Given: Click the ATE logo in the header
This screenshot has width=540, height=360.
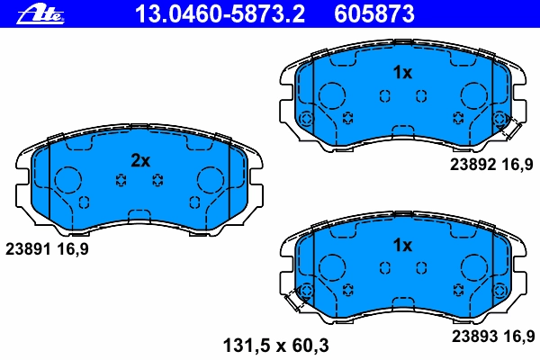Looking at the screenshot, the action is point(40,14).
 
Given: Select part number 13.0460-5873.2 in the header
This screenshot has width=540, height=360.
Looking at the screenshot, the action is point(220,14).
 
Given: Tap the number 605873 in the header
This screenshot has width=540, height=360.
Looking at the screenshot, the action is point(374,14).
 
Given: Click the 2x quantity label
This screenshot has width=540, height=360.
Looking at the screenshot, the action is point(140,160).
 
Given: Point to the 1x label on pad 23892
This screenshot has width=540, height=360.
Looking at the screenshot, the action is point(402,73).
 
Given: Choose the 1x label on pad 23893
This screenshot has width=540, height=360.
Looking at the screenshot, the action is point(402,246).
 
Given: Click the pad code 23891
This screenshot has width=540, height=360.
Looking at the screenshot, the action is point(28,248).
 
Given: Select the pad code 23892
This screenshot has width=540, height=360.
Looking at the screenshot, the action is point(472,165).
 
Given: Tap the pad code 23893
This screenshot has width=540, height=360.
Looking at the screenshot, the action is point(474,337).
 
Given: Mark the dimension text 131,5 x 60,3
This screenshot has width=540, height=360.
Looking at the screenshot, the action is point(276,346).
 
